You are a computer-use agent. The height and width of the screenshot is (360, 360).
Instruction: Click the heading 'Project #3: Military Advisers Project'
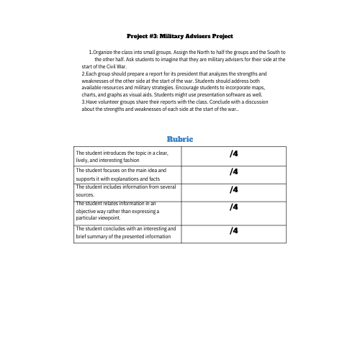coord(180,35)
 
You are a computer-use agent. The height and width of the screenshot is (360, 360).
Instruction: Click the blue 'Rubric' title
coord(180,138)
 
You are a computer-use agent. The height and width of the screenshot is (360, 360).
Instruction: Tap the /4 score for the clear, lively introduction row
coord(234,154)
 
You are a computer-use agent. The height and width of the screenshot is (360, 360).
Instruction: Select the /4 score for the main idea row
coord(234,172)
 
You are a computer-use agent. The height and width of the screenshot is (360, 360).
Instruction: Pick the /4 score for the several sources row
coord(234,189)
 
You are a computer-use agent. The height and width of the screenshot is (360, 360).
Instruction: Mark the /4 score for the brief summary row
coord(234,230)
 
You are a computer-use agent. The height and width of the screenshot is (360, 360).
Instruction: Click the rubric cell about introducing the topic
coord(127,156)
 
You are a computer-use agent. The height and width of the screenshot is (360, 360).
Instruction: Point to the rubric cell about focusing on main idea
coord(127,174)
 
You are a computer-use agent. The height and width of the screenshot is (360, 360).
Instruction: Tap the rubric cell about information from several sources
coord(127,190)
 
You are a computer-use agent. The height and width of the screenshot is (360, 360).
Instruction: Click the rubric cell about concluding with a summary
coord(127,232)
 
